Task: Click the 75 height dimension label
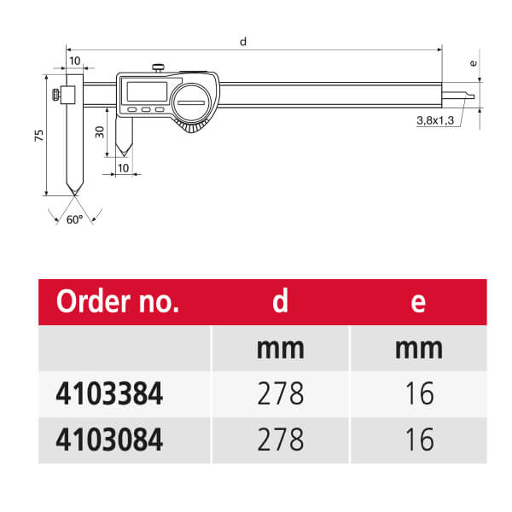[x=38, y=135]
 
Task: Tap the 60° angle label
[x=75, y=220]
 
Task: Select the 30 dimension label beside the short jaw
[x=100, y=132]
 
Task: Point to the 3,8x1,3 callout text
[x=435, y=120]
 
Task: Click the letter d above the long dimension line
[x=243, y=42]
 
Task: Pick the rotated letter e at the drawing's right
[x=473, y=63]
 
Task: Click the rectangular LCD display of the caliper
[x=147, y=91]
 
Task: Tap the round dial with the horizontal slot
[x=191, y=102]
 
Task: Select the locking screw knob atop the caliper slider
[x=158, y=68]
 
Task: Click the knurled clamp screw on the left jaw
[x=56, y=95]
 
